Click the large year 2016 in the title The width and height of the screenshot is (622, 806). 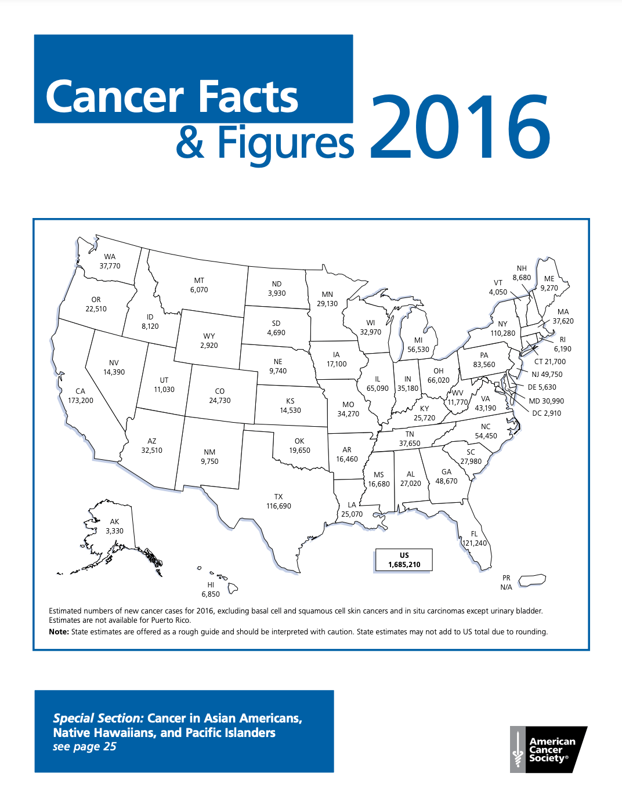(460, 127)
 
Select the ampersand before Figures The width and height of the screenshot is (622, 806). (190, 143)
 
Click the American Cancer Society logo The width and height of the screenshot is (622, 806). (548, 749)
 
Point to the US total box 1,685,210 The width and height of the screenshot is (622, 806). (404, 560)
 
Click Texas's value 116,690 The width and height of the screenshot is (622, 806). (279, 506)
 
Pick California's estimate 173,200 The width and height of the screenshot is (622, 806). (80, 401)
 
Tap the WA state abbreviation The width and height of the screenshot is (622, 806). (110, 257)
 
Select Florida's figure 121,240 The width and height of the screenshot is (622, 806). (475, 543)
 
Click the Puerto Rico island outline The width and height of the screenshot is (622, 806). (532, 580)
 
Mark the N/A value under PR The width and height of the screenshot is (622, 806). (506, 587)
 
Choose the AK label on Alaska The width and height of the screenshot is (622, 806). (114, 522)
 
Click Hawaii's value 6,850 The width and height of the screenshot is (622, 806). (211, 594)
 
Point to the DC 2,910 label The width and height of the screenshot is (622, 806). (547, 413)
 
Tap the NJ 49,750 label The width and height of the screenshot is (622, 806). (547, 375)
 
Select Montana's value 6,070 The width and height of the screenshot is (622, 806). (199, 290)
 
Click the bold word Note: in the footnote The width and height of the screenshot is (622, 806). (59, 632)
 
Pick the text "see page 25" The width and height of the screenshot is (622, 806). (85, 747)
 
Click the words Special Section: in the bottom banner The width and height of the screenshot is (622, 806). (98, 718)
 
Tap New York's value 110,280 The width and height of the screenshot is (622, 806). (502, 333)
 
